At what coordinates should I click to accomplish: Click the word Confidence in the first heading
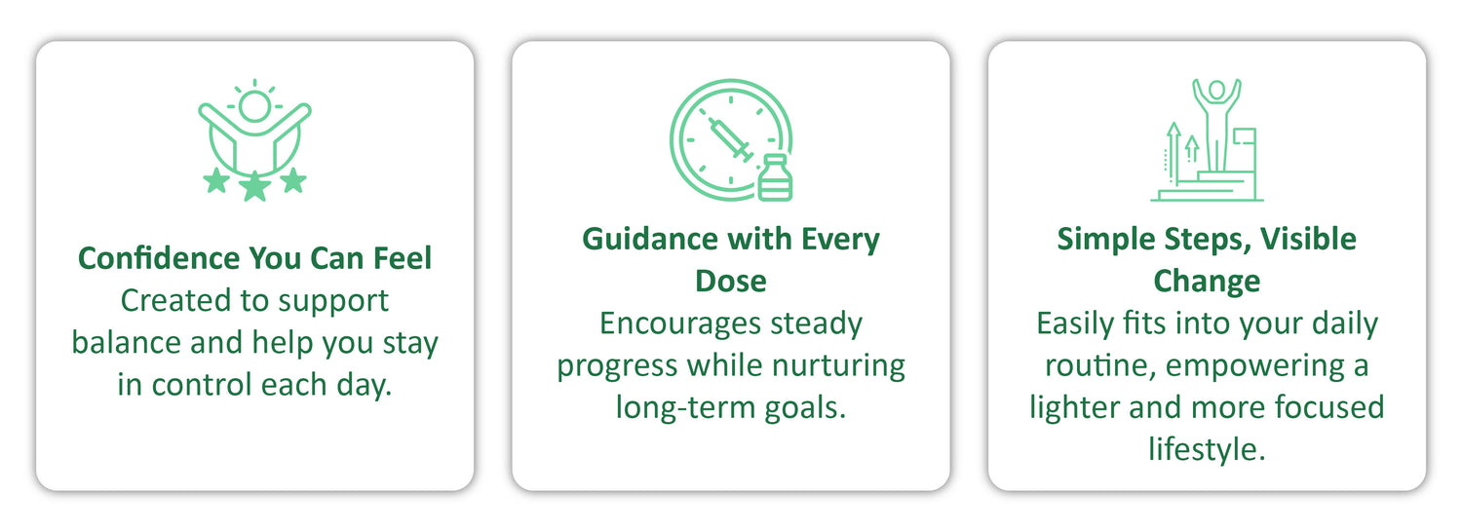(159, 258)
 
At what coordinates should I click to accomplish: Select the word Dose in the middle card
(731, 282)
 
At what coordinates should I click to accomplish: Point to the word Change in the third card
(1207, 282)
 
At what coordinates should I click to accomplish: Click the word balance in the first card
(126, 342)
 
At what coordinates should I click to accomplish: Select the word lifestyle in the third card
(1207, 450)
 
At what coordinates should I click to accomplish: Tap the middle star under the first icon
(255, 187)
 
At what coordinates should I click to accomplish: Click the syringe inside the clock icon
(731, 139)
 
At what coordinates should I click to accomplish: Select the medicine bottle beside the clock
(775, 177)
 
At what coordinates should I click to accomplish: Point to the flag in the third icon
(1244, 136)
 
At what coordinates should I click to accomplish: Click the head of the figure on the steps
(1216, 90)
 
